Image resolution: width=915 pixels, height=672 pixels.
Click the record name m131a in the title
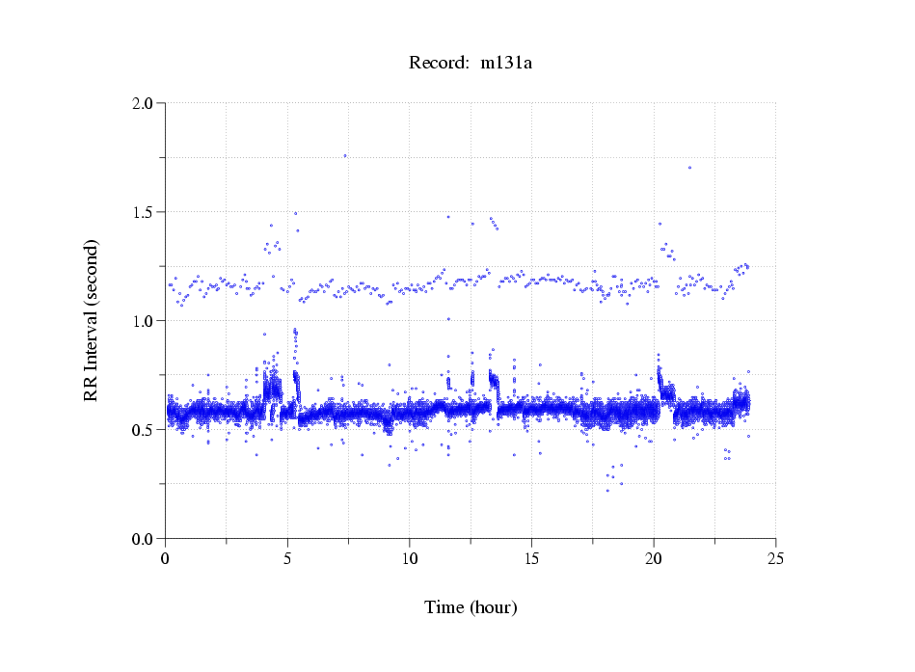pos(506,63)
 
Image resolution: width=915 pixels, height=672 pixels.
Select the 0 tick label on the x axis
pos(166,557)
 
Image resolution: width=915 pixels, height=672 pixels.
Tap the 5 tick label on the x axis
pos(287,557)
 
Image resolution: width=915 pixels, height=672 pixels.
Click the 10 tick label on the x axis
pos(410,557)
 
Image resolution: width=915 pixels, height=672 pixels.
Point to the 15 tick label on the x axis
pos(531,557)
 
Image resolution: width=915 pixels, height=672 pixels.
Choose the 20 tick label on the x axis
pos(654,557)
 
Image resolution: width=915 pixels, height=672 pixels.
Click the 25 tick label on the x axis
pos(775,557)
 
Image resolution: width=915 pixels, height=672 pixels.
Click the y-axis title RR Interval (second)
pos(91,320)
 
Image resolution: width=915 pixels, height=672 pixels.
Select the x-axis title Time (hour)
pos(471,607)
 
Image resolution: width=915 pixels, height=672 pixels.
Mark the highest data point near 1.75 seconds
pos(344,155)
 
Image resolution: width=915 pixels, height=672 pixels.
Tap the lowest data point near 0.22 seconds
pos(607,491)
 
